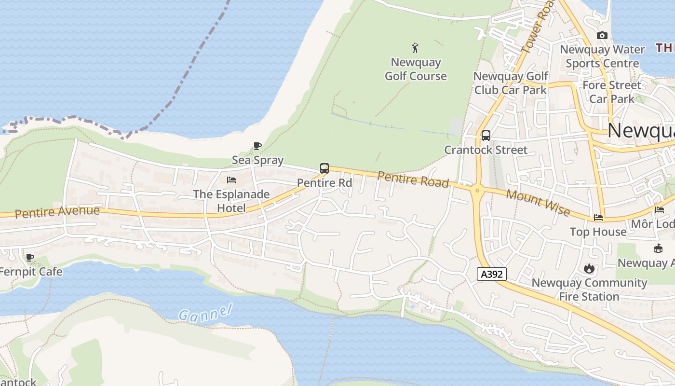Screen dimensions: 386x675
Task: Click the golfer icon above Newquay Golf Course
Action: point(415,48)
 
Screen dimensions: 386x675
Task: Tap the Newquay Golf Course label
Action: point(416,69)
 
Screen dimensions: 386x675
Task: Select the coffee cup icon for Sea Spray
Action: point(257,146)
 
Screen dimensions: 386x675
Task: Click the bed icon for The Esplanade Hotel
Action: point(231,180)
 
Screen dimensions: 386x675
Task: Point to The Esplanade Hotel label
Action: point(231,201)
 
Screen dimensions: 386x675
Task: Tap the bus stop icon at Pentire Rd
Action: point(324,168)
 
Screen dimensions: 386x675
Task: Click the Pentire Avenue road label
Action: point(57,212)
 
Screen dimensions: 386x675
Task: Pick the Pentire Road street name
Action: point(413,179)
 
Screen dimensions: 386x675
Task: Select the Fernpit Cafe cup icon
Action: point(30,257)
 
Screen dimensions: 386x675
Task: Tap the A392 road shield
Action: point(492,275)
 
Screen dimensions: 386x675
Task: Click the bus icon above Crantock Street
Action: point(486,136)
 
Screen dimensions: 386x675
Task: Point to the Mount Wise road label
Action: point(538,203)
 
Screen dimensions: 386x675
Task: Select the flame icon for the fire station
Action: point(589,269)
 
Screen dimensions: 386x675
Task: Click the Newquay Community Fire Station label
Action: point(589,289)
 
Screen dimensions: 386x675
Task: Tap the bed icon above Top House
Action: point(598,218)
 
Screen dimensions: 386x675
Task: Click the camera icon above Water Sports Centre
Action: point(602,35)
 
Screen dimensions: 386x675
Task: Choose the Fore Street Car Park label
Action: point(612,92)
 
